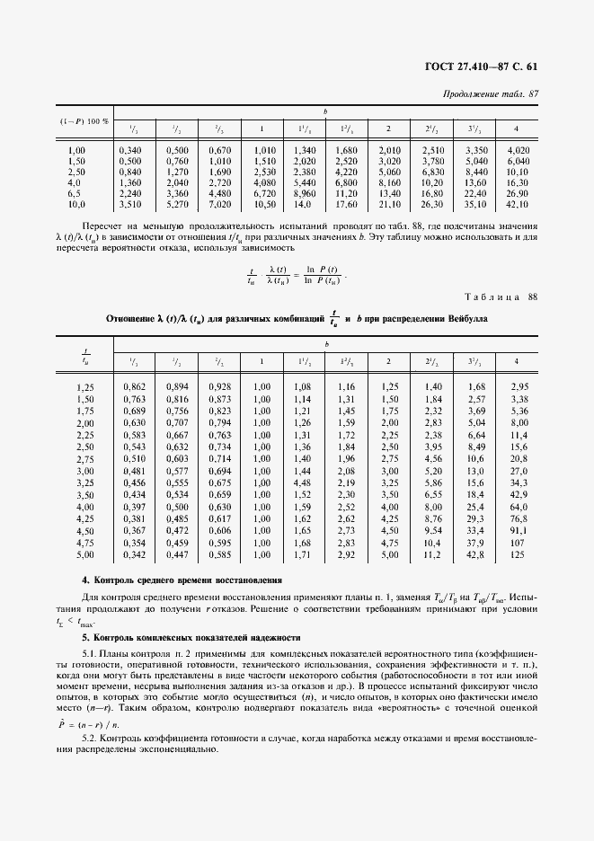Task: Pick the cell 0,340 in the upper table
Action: [129, 149]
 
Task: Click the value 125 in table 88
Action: [518, 555]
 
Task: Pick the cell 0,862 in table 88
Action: [133, 386]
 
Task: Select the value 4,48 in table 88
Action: [301, 482]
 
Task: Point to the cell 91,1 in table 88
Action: [518, 531]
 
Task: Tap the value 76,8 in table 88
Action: [518, 518]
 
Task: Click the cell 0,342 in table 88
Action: [133, 555]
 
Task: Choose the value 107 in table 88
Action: [518, 543]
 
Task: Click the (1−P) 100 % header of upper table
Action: [83, 120]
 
